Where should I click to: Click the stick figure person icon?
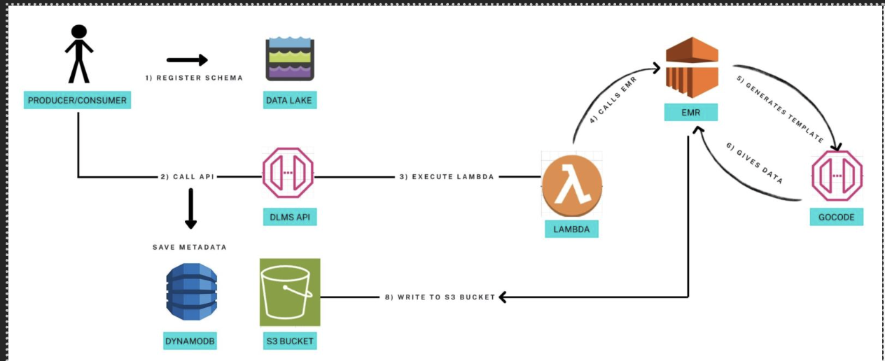78,54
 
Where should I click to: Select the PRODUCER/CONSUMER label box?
77,101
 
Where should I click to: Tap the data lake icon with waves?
289,60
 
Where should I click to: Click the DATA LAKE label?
288,101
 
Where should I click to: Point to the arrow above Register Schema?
187,60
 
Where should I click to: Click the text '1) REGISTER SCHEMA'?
194,78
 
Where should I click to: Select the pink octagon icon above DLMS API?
288,173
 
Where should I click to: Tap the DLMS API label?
288,218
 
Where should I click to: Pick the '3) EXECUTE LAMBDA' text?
447,177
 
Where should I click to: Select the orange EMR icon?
690,69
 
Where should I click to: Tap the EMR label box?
690,112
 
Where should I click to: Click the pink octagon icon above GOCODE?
836,178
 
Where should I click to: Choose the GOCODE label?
836,218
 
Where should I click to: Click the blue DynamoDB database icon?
191,292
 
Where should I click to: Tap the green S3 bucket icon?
290,292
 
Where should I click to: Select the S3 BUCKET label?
289,341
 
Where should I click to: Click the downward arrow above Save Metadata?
190,211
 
